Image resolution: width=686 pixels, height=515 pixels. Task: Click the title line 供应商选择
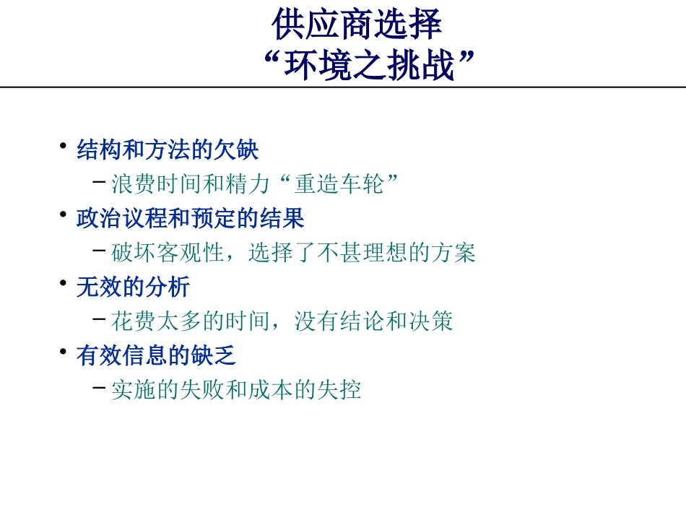point(357,25)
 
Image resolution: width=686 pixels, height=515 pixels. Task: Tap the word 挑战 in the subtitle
point(427,66)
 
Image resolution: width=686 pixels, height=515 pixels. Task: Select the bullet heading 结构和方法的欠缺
point(168,150)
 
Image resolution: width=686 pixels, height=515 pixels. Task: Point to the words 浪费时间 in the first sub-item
point(157,184)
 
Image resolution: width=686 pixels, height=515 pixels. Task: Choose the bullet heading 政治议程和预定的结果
point(191,218)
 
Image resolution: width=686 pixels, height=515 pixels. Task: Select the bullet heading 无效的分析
point(133,287)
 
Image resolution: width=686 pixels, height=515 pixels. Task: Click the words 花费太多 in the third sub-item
point(157,321)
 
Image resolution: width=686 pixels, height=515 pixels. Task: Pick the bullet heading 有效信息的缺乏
point(156,355)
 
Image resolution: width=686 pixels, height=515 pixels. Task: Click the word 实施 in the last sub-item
point(134,390)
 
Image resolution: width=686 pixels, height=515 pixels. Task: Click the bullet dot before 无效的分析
point(64,281)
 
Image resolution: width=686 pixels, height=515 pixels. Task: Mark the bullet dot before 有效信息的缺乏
point(64,350)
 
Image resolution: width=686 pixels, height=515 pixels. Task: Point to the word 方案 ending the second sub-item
point(453,253)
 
